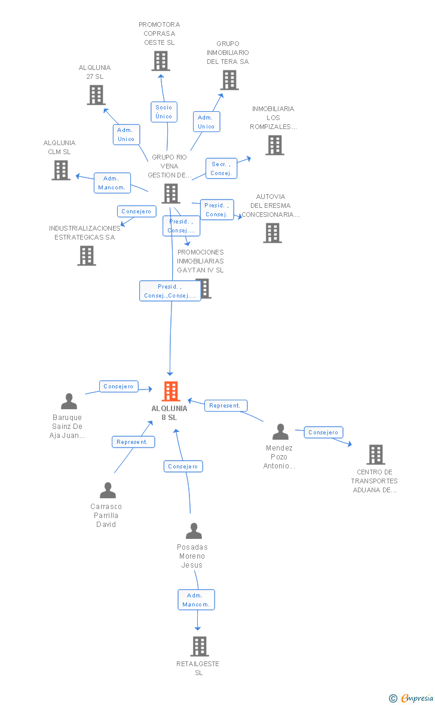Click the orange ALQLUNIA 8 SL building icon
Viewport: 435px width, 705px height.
coord(171,391)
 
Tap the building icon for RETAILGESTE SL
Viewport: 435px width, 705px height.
coord(200,646)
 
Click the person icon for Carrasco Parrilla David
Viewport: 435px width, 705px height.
coord(108,490)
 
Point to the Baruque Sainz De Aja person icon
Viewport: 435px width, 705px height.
coord(69,401)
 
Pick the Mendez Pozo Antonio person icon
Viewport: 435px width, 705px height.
coord(281,431)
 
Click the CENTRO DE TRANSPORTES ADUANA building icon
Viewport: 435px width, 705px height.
coord(376,455)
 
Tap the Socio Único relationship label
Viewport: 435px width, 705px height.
coord(164,112)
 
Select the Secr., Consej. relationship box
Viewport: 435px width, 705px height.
coord(221,168)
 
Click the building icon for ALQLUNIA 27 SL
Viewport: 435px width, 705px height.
coord(96,95)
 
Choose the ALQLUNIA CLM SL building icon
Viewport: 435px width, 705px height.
coord(61,170)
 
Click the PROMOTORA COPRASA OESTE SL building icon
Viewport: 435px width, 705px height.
coord(161,61)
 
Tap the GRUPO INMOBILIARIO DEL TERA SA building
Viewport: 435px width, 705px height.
coord(229,80)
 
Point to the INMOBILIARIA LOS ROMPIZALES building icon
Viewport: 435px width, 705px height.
coord(275,145)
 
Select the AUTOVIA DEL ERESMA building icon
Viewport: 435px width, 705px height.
coord(272,233)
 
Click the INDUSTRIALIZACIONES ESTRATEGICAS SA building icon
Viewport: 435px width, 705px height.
coord(87,256)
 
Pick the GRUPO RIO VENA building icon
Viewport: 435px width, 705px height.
coord(171,194)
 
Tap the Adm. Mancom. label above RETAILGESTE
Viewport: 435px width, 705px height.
coord(196,600)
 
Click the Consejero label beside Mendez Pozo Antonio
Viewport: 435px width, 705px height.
coord(323,433)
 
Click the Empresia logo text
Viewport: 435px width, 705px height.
coord(417,698)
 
